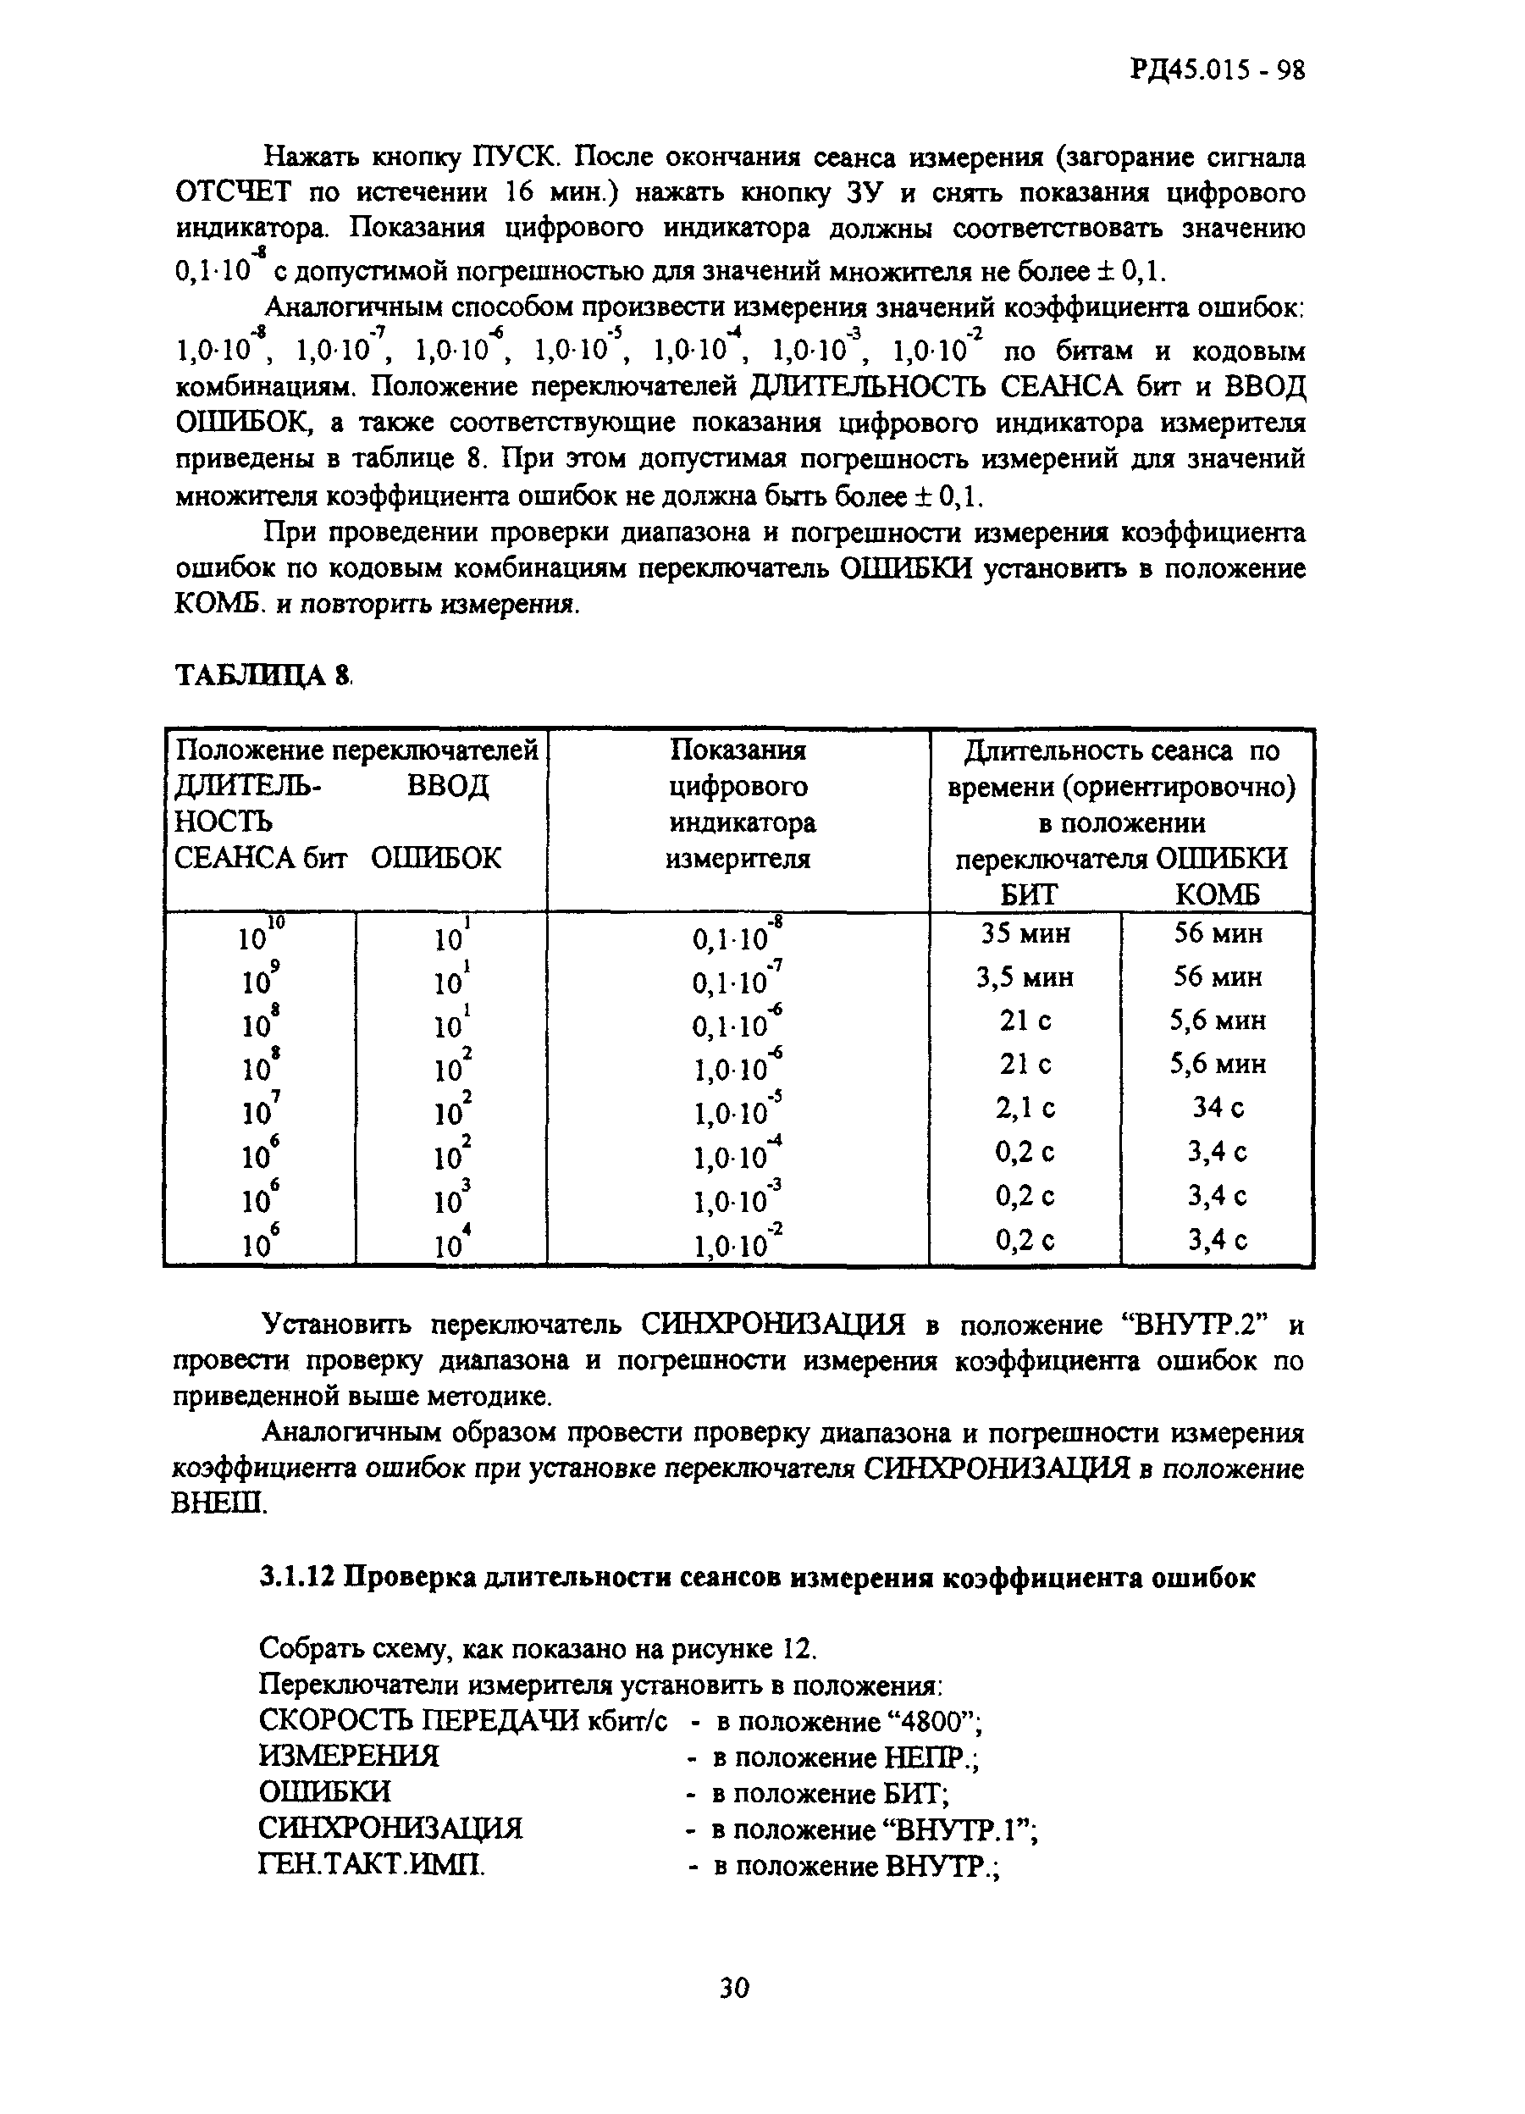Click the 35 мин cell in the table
point(1025,933)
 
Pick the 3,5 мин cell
point(1025,977)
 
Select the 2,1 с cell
point(1025,1107)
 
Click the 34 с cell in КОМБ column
point(1218,1107)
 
